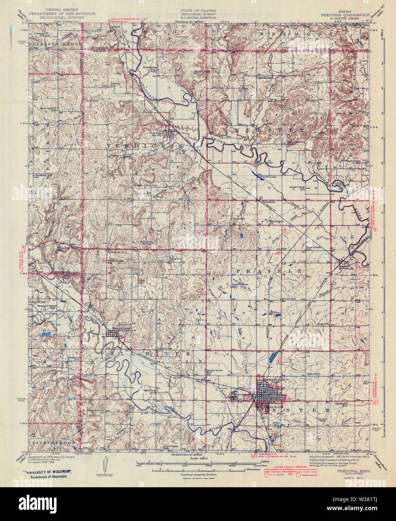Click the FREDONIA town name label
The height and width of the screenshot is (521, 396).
coord(275,380)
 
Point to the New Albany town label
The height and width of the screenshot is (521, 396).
coord(121,329)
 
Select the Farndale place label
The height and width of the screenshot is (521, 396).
coord(264,201)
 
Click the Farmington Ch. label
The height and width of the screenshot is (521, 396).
coord(276,222)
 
